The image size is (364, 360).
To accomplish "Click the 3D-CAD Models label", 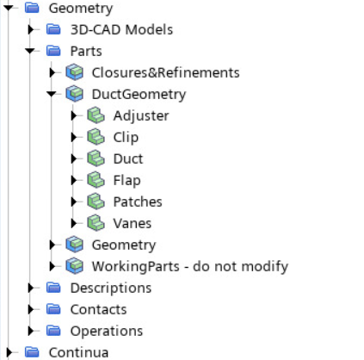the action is click(121, 29).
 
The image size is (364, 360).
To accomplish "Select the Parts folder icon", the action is click(53, 51).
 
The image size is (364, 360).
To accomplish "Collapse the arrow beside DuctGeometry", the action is click(52, 94).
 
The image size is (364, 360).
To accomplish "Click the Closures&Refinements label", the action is click(165, 72).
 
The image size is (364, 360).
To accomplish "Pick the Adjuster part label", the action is click(141, 116).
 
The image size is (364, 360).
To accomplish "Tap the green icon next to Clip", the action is click(96, 137).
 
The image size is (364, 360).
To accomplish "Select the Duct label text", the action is click(128, 158).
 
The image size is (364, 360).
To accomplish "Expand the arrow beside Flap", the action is click(74, 180).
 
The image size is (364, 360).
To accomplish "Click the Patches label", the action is click(138, 202).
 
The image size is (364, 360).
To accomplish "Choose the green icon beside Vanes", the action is click(96, 223).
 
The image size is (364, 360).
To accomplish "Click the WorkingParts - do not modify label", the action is click(190, 267).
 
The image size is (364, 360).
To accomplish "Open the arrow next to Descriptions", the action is click(31, 288).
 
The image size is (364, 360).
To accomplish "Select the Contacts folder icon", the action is click(53, 309).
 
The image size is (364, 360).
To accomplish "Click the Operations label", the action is click(107, 332).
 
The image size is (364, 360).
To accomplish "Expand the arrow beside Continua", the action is click(9, 352).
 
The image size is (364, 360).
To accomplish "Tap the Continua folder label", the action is click(78, 352).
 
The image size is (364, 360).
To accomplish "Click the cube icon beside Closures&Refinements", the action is click(75, 72).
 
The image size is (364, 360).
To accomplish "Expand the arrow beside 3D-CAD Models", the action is click(31, 29).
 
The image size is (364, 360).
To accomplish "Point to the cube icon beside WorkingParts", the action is click(75, 266).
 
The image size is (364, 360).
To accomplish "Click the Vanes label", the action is click(133, 223).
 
